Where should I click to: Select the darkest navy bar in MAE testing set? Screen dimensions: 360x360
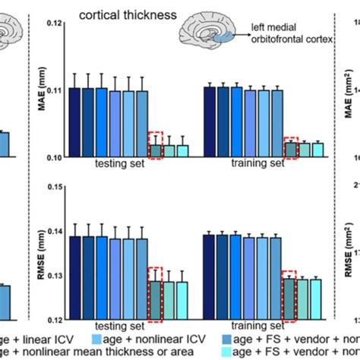pyautogui.click(x=74, y=122)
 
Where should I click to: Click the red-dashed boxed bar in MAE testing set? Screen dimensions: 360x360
pyautogui.click(x=155, y=151)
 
